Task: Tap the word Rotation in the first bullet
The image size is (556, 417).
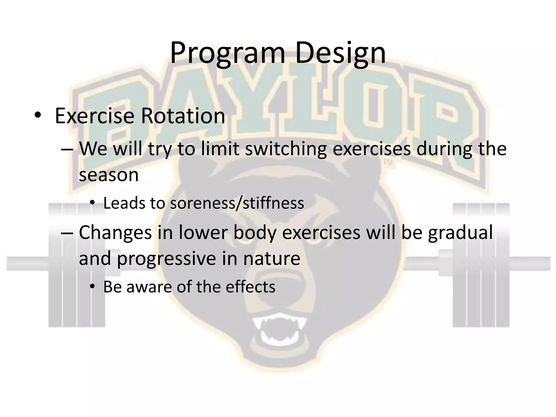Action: coord(183,116)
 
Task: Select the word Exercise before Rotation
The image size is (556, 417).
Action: coord(94,116)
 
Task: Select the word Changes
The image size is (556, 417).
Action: coord(115,233)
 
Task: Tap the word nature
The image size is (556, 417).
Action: coord(271,259)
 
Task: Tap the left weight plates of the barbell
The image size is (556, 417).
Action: coord(77,265)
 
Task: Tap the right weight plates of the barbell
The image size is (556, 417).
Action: coord(481,265)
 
